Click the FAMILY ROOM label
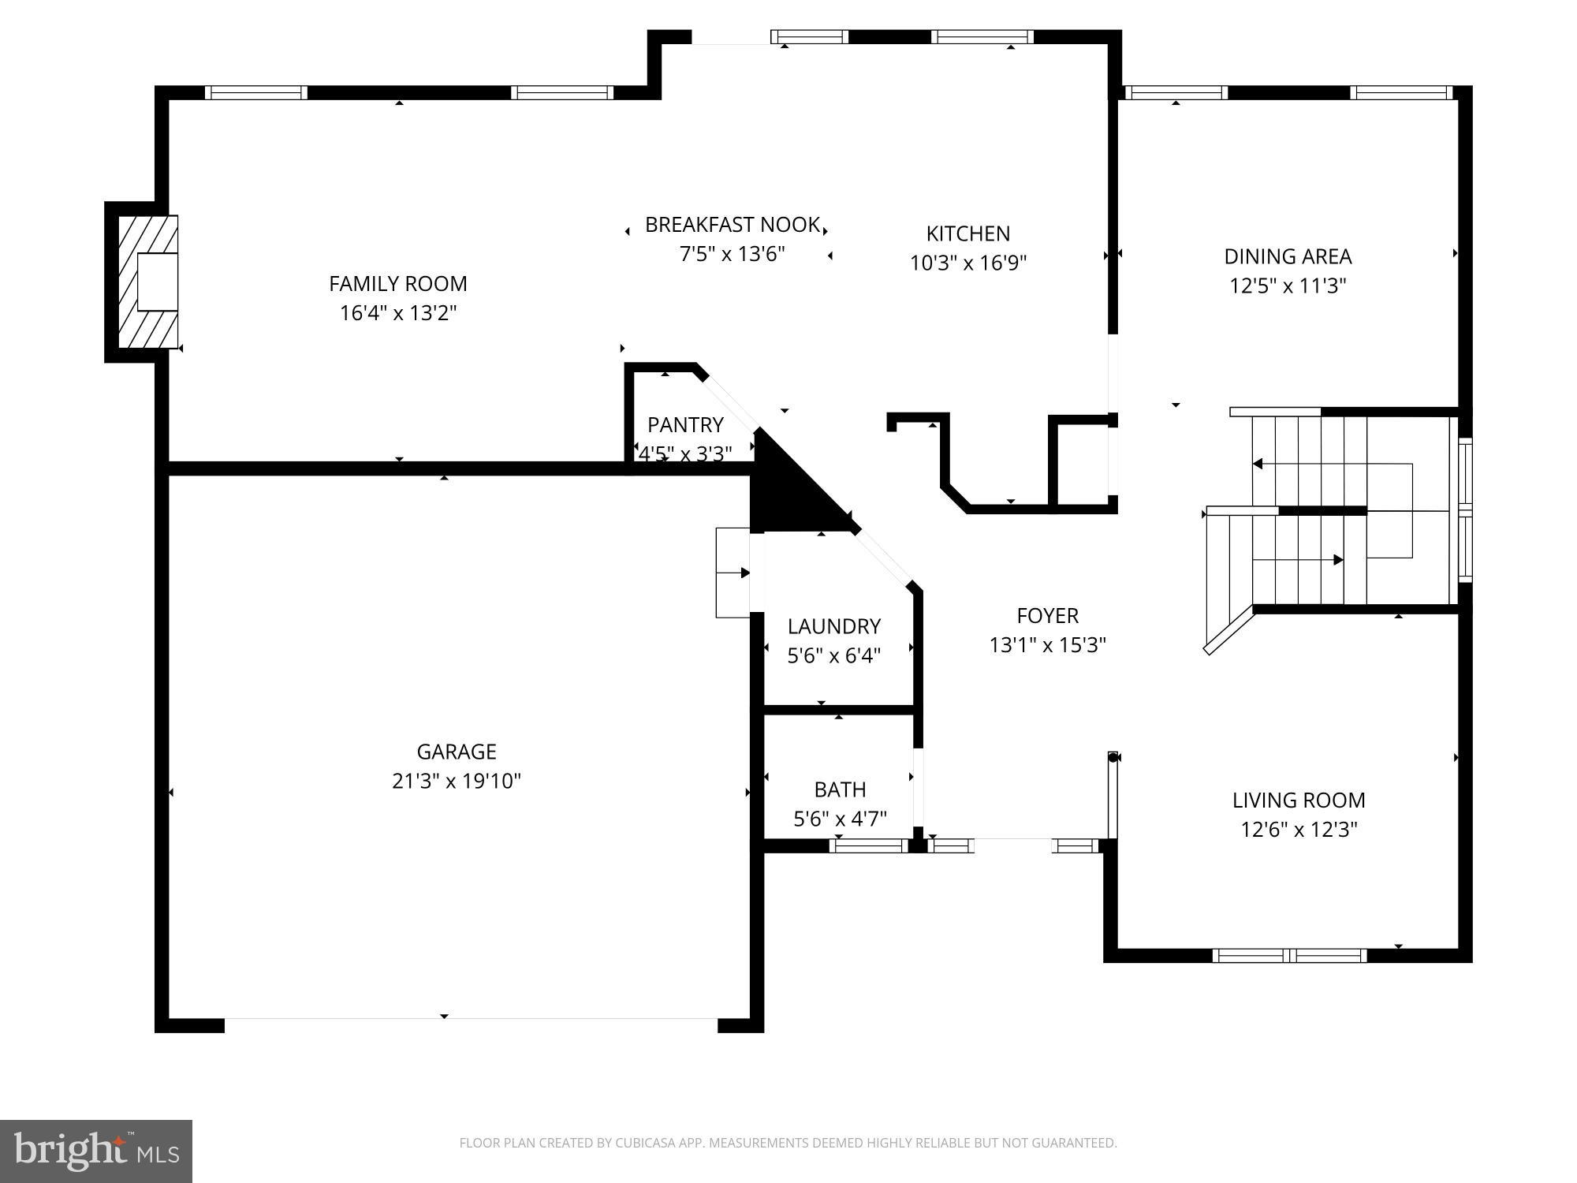(x=397, y=284)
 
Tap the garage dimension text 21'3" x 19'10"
(x=457, y=781)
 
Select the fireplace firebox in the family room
(x=157, y=282)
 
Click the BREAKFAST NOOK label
(x=732, y=225)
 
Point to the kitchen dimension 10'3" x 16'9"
(x=968, y=263)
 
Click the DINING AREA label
(x=1288, y=256)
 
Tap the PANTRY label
(x=685, y=425)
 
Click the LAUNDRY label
(x=833, y=626)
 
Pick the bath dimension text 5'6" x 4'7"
(x=840, y=819)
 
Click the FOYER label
(x=1047, y=615)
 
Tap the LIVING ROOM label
(x=1299, y=800)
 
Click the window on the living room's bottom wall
(x=1289, y=956)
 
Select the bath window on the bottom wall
(x=868, y=846)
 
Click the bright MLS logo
(x=96, y=1151)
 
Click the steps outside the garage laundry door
(x=732, y=573)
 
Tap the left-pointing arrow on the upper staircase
(x=1258, y=464)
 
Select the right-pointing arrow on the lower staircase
(x=1337, y=560)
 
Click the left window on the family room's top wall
(x=256, y=92)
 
